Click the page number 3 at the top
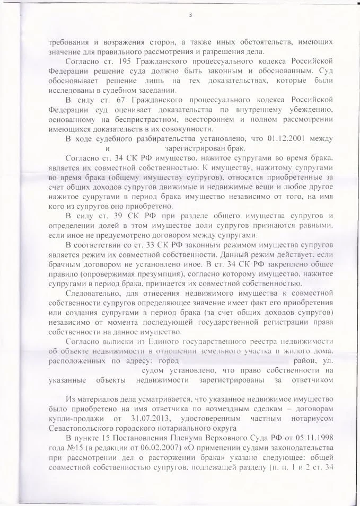(x=190, y=14)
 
